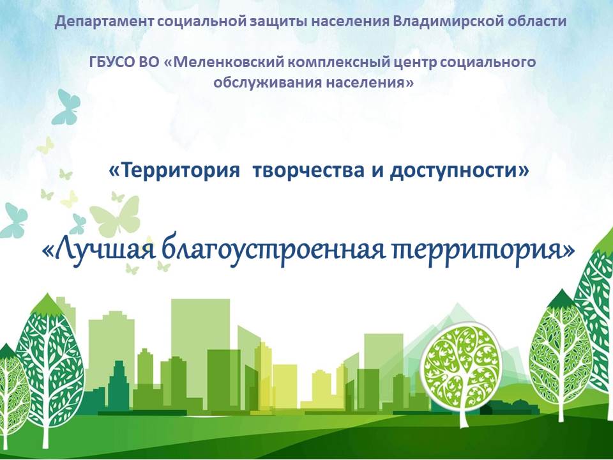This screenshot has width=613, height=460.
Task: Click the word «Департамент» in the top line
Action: tap(104, 21)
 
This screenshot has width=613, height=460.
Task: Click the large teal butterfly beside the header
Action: tap(66, 107)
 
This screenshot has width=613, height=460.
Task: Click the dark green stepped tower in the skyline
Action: tap(118, 385)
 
